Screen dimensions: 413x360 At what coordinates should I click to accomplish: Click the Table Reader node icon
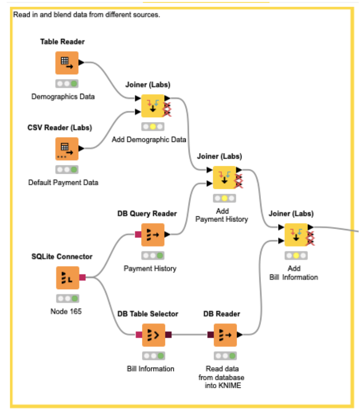click(67, 63)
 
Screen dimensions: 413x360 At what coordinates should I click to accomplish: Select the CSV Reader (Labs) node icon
click(67, 149)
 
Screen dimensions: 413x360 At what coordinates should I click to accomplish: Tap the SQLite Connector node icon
click(68, 278)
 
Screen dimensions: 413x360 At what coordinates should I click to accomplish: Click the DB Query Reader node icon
click(153, 235)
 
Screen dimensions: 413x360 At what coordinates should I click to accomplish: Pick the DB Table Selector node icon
click(153, 335)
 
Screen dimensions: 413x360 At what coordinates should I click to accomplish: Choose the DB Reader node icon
click(225, 335)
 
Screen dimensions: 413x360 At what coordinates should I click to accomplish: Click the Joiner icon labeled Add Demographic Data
click(152, 106)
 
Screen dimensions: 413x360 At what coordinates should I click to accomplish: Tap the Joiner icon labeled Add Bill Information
click(296, 235)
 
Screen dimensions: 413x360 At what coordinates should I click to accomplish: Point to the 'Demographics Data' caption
click(63, 96)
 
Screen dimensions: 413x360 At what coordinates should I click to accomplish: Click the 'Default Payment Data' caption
click(63, 182)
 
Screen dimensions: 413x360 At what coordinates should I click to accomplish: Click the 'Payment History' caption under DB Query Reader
click(150, 268)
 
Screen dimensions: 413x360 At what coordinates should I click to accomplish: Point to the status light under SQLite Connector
click(68, 298)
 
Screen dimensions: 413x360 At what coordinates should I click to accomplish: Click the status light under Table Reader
click(67, 84)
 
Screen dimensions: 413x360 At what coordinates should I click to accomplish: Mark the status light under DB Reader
click(225, 356)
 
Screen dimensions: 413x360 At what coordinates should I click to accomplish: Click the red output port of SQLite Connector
click(82, 278)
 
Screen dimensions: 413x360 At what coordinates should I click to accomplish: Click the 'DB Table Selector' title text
click(148, 314)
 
